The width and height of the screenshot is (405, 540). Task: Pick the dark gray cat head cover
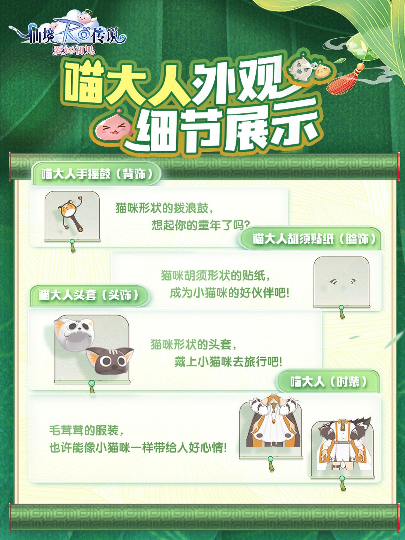pos(109,361)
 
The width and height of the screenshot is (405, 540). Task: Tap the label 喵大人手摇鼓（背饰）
pos(97,174)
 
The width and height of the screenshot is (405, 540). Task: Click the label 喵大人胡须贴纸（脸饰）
pos(315,239)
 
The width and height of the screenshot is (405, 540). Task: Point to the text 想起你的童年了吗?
pos(201,225)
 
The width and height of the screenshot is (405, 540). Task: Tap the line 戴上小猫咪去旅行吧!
pos(228,362)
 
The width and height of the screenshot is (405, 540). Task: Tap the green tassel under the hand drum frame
pos(72,246)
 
